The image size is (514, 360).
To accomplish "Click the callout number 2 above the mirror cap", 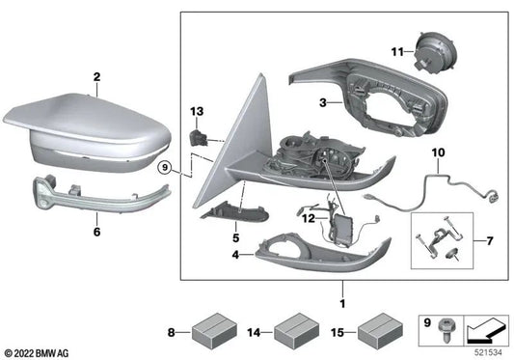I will [96, 76].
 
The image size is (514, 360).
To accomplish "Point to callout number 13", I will [196, 112].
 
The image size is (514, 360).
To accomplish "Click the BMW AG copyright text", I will [42, 350].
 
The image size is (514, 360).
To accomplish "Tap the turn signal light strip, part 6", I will [92, 193].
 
